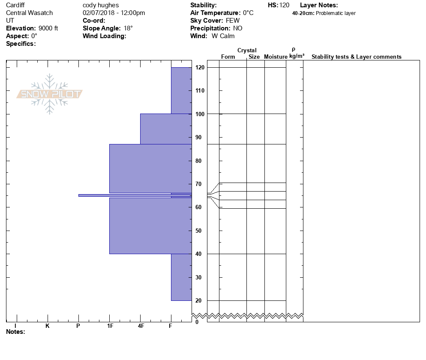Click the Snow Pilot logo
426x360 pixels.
(50, 94)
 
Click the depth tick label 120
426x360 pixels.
(199, 68)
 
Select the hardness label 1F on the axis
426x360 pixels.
(110, 326)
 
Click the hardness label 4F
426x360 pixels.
(141, 326)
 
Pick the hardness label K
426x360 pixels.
(48, 326)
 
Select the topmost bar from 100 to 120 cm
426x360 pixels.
(181, 90)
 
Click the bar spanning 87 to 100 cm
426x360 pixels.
(166, 129)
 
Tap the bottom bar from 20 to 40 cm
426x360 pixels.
(181, 277)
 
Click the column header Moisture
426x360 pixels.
(276, 57)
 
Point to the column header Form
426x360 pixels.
(228, 57)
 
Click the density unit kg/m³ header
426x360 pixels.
(297, 56)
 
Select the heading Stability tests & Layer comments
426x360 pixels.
(356, 57)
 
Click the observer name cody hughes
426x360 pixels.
(101, 5)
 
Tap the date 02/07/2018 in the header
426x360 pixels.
(97, 13)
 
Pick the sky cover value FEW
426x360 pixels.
(233, 21)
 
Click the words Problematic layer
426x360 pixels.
(336, 13)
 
